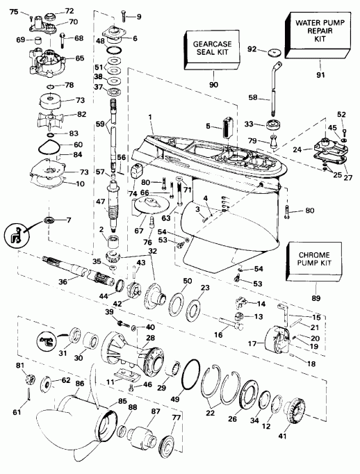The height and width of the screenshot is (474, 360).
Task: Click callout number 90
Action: [213, 85]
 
